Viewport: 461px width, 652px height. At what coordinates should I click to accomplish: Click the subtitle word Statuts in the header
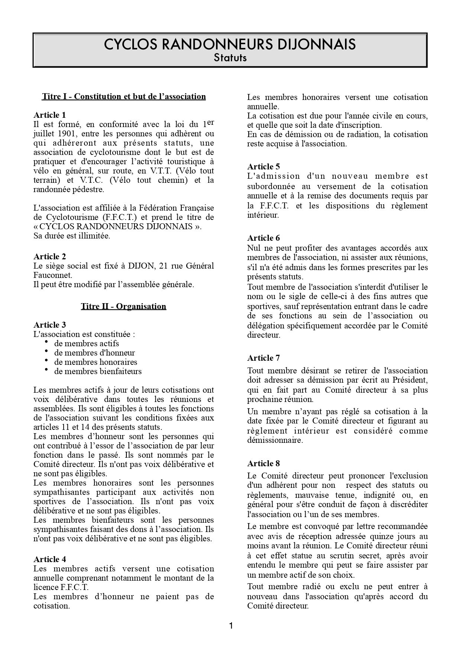click(x=230, y=58)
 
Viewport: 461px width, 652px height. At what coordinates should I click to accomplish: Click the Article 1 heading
click(x=49, y=115)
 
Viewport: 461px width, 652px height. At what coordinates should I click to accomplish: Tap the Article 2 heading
click(x=49, y=256)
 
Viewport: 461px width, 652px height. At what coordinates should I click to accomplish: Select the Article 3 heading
click(x=49, y=325)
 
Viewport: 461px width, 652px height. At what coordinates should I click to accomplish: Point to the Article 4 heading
click(x=49, y=559)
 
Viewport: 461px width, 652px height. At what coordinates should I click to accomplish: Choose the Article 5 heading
click(x=264, y=166)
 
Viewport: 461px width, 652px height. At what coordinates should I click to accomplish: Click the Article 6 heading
click(x=264, y=238)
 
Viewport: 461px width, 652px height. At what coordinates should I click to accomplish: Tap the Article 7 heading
click(x=264, y=358)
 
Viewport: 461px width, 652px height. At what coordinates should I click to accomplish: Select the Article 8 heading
click(x=264, y=463)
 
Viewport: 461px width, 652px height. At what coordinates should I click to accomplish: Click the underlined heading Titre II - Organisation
click(x=123, y=306)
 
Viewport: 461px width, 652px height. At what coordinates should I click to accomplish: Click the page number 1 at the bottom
click(x=230, y=626)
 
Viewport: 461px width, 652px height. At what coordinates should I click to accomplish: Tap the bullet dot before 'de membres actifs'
click(x=46, y=342)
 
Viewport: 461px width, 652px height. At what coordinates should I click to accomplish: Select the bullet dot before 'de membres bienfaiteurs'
click(x=46, y=370)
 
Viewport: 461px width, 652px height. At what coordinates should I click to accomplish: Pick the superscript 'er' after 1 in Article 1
click(x=210, y=122)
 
